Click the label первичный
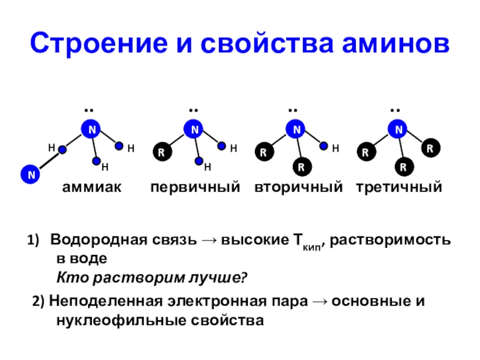click(195, 188)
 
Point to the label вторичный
click(298, 188)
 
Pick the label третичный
click(398, 188)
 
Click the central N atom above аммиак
click(90, 129)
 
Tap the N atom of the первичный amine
click(193, 129)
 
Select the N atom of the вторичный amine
click(296, 129)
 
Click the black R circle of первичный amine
click(161, 152)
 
